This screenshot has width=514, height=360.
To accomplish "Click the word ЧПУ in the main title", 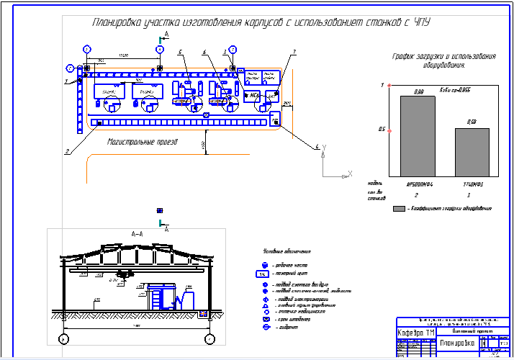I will [420, 23].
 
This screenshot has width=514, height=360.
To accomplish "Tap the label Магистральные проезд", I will [142, 143].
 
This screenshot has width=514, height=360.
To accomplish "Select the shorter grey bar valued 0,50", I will [472, 152].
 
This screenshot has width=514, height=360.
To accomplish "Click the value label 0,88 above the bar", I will [418, 91].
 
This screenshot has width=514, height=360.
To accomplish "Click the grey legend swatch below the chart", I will [399, 208].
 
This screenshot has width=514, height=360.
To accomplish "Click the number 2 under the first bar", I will [417, 195].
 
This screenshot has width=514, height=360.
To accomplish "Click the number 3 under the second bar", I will [469, 195].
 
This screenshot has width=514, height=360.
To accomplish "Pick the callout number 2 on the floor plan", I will [67, 152].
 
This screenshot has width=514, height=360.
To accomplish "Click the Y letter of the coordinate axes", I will [325, 148].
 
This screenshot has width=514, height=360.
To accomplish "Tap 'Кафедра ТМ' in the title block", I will [416, 333].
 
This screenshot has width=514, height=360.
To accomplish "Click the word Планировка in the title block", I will [451, 343].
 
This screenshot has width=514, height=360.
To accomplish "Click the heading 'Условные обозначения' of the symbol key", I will [287, 251].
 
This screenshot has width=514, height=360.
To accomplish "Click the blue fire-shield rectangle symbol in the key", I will [263, 274].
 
